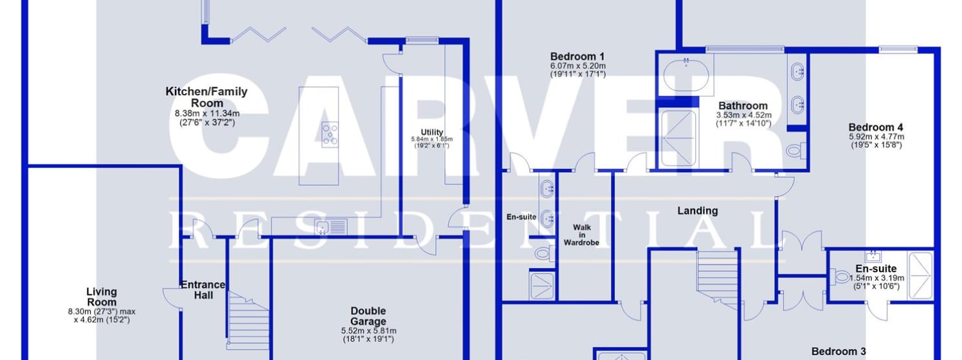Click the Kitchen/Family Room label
(x=206, y=97)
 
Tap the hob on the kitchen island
(x=331, y=134)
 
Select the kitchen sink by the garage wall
(x=331, y=226)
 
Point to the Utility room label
(x=432, y=132)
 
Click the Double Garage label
(x=368, y=316)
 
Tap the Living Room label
(x=102, y=297)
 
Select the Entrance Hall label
(x=203, y=289)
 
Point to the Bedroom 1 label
(x=577, y=56)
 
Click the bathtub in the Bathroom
(x=687, y=75)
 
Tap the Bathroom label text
(x=743, y=105)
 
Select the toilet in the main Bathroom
(x=794, y=150)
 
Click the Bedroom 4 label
(x=875, y=127)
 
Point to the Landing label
(x=698, y=210)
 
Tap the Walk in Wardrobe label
(x=581, y=235)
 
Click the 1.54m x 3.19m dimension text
(x=876, y=278)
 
